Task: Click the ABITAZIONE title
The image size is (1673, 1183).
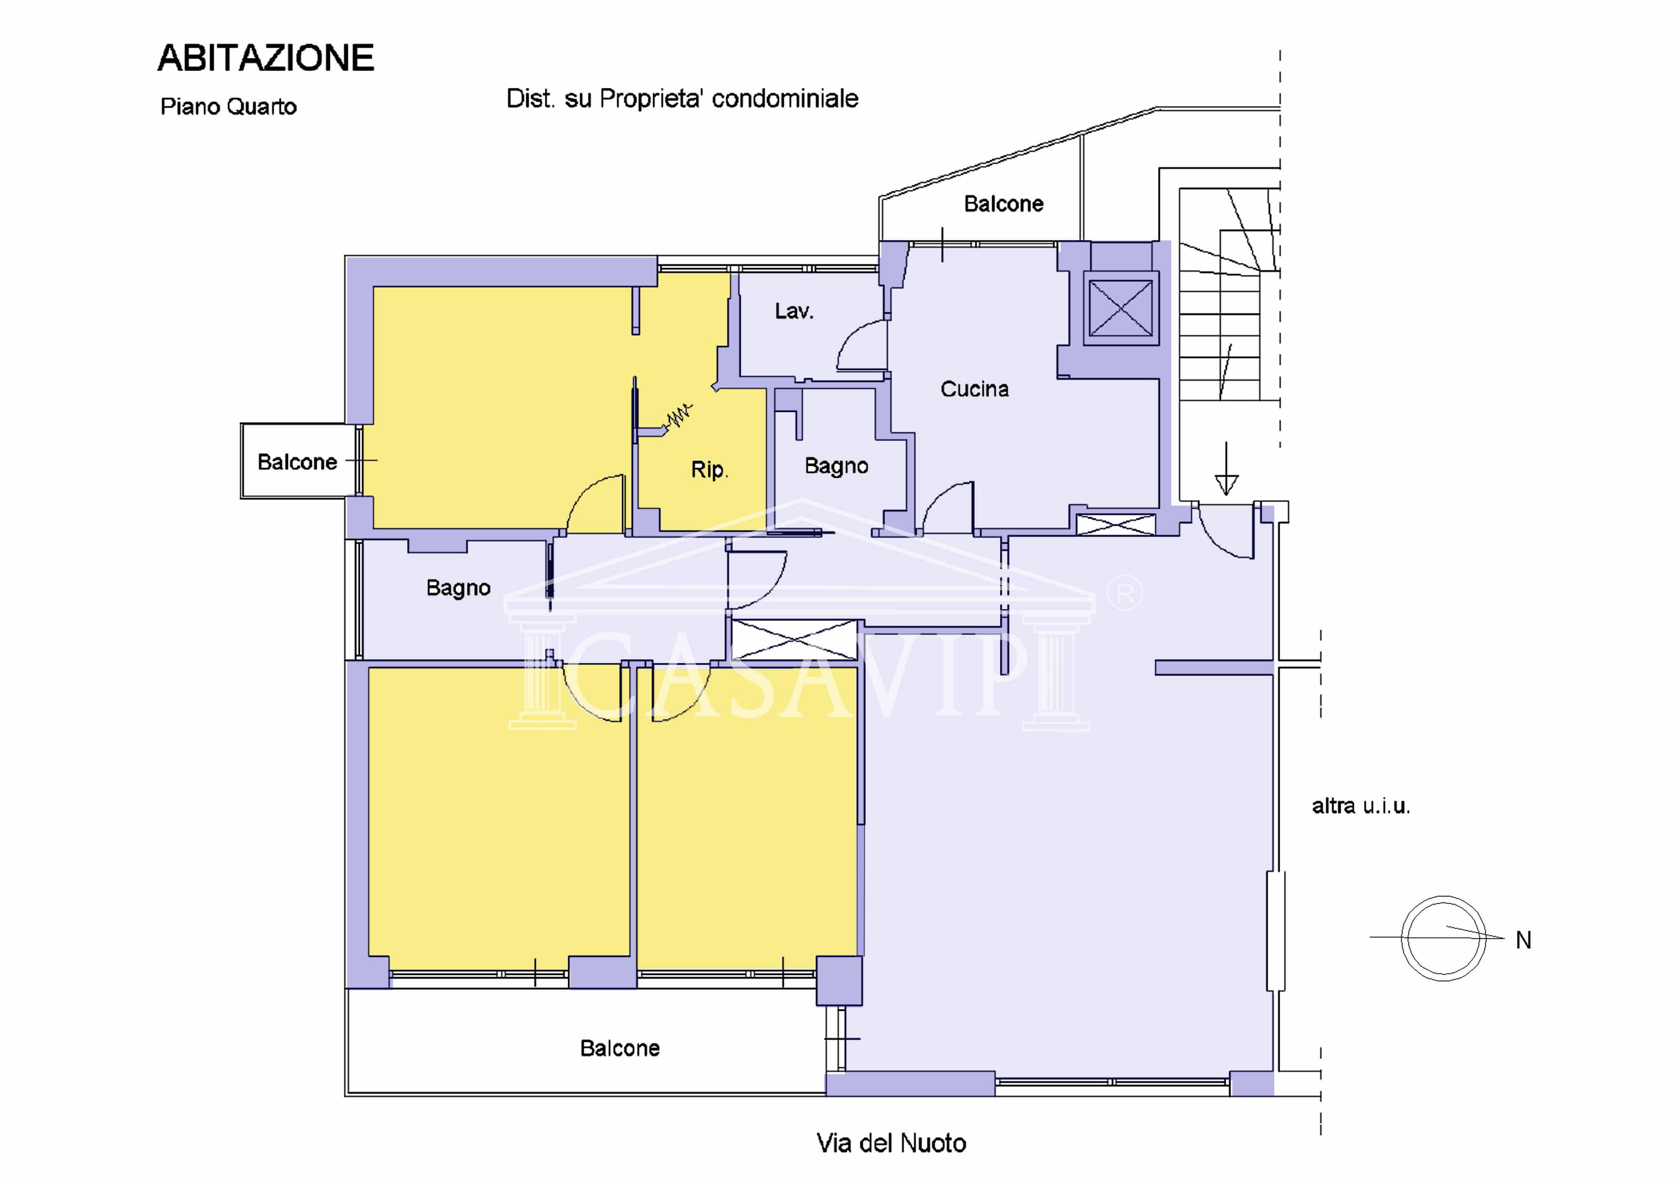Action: (266, 58)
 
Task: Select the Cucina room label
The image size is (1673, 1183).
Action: (974, 389)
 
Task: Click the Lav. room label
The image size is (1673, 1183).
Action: (794, 311)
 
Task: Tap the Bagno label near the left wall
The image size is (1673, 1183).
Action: (458, 588)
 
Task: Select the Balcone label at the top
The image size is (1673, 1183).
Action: (1003, 204)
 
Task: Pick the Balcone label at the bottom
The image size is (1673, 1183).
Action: (620, 1048)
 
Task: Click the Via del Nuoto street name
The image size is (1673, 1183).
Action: (891, 1143)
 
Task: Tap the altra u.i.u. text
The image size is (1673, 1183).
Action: (1361, 805)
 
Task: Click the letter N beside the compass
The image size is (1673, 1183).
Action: (1524, 940)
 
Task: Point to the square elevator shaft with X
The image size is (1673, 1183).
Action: (1121, 308)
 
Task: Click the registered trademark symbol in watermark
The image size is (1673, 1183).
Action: (1125, 594)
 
